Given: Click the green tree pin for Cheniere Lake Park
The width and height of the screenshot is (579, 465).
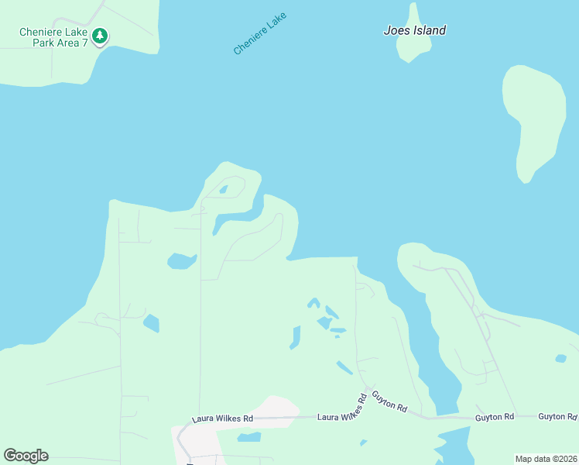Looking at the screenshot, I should (99, 36).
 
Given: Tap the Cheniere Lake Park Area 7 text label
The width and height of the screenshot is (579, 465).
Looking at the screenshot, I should (54, 38).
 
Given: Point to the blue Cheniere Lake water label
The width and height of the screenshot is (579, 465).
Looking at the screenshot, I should (260, 33).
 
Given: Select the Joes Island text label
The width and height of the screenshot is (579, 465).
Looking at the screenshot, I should (415, 31).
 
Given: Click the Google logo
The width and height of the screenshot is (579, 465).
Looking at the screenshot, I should (26, 456).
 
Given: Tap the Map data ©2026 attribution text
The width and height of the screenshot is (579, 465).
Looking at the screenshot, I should (546, 458).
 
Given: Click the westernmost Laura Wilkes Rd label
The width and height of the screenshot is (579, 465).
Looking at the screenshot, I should (223, 419).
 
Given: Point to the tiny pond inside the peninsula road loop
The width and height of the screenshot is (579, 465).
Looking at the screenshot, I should (224, 189).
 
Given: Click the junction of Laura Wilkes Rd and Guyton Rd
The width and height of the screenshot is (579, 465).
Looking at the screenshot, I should (368, 389).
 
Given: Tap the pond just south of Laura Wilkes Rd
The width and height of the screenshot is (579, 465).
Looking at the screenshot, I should (248, 438).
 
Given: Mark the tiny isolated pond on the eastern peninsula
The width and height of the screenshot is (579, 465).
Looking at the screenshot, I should (560, 358).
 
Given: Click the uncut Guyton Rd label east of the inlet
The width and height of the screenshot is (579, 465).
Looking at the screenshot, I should (495, 417).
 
